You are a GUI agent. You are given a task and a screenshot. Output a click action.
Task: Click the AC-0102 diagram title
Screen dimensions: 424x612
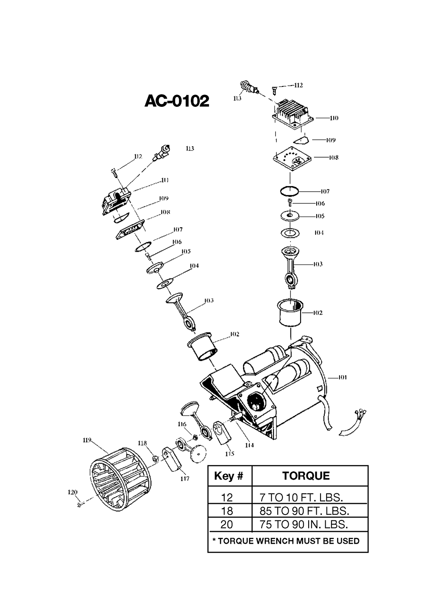pos(177,101)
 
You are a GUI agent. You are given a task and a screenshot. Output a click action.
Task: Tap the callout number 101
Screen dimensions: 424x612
pos(342,377)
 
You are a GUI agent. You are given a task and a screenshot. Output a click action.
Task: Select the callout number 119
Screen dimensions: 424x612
pos(87,440)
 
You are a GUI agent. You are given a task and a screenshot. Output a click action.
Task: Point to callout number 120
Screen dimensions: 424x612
pos(73,492)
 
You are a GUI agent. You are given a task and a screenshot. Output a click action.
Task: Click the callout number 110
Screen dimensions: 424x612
pos(334,118)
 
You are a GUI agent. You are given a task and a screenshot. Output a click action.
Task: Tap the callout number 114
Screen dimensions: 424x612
pos(249,445)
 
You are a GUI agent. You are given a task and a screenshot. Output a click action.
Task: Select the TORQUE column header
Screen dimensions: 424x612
pos(306,476)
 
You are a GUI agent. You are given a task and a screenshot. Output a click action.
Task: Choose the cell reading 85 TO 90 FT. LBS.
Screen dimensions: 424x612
pos(304,510)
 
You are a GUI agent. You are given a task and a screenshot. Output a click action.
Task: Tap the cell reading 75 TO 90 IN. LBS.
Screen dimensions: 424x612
pos(304,524)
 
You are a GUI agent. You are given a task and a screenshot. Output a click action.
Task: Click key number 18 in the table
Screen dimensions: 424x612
pos(226,510)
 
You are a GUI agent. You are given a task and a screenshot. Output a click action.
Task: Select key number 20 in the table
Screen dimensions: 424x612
pos(226,524)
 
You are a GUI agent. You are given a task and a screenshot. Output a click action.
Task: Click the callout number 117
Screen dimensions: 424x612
pos(185,478)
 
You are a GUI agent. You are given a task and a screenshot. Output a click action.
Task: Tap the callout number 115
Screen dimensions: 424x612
pos(230,454)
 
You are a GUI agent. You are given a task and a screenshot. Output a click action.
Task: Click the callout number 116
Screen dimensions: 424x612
pos(182,424)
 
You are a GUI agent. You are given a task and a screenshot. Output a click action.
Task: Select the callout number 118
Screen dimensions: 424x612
pos(142,443)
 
